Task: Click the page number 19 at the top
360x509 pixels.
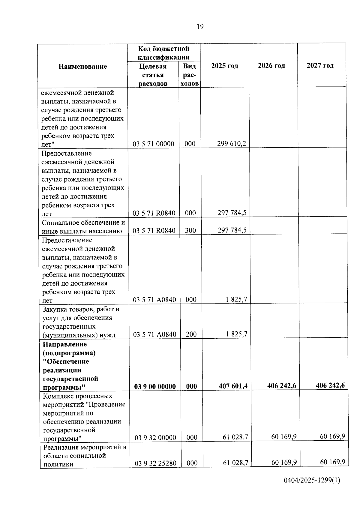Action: [200, 27]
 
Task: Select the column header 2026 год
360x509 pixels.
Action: [271, 66]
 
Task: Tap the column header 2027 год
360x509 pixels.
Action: [320, 65]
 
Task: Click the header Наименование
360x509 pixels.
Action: [82, 66]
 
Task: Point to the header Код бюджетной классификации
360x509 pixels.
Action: [164, 53]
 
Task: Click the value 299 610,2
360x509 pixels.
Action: [231, 144]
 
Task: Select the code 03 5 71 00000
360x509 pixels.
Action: [153, 144]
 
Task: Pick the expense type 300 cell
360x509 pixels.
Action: [190, 231]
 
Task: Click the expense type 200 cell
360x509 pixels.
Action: [191, 334]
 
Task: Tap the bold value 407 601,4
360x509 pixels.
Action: [233, 386]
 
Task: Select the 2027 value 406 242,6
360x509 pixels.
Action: [330, 385]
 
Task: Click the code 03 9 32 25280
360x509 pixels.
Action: [155, 463]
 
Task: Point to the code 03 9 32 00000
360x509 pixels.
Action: [155, 438]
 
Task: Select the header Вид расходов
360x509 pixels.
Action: [190, 75]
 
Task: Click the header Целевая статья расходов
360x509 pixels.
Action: [153, 75]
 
